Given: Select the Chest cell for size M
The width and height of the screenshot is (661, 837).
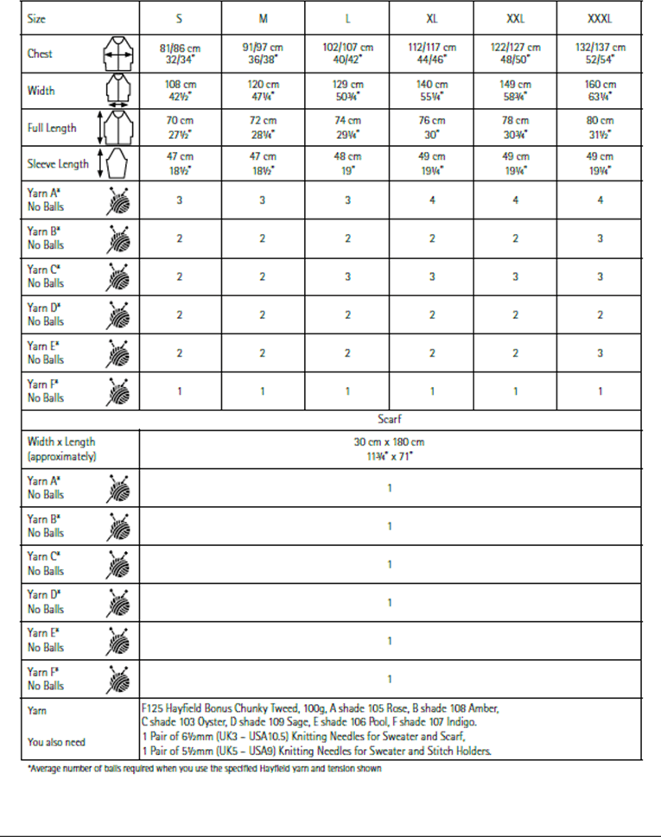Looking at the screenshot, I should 263,54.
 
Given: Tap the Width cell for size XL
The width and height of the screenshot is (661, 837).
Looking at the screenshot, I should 432,91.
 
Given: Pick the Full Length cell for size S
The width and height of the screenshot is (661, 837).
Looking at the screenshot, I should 179,128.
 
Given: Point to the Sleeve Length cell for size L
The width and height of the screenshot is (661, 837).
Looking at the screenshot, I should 347,162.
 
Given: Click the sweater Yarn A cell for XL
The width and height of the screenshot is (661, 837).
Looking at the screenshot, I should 432,200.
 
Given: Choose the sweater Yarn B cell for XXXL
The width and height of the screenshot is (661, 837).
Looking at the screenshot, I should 599,238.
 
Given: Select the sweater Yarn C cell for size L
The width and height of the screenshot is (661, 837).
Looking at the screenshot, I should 347,276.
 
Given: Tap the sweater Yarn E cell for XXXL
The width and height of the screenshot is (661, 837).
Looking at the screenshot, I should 599,352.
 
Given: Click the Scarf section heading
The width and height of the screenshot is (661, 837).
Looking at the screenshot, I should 390,419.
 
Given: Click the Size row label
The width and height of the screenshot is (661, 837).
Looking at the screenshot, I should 37,18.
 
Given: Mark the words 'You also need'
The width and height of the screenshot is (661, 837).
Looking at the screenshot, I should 56,742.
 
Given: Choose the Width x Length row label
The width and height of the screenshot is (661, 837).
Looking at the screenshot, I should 61,448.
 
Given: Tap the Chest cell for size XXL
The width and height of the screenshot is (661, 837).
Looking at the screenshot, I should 516,54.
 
